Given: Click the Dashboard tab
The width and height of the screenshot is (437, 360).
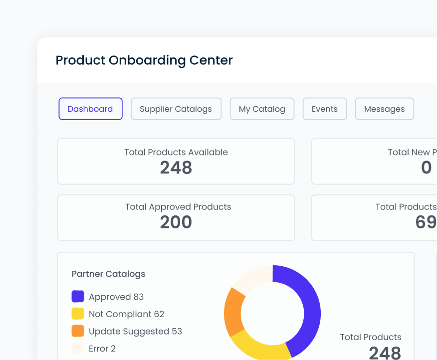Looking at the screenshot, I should (x=90, y=109).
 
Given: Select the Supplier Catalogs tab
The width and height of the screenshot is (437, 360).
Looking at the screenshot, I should (x=176, y=109).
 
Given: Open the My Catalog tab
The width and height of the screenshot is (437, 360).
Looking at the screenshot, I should (x=262, y=109).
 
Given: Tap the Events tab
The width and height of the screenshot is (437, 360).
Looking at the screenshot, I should (x=324, y=109).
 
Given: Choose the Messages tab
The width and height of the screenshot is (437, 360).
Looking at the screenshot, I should (x=384, y=109).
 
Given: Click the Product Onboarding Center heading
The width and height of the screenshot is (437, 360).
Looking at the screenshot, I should (x=144, y=60).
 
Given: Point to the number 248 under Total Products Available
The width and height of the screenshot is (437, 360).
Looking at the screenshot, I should (x=176, y=168).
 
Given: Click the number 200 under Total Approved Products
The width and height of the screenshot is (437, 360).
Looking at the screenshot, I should (x=176, y=222).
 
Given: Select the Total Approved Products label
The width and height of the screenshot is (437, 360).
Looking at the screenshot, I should (x=178, y=206).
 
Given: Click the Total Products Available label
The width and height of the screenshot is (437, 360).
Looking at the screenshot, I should (x=176, y=152).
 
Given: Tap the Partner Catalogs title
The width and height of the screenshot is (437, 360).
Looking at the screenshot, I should (x=108, y=274).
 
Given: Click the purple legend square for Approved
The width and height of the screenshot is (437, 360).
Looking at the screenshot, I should (x=78, y=297).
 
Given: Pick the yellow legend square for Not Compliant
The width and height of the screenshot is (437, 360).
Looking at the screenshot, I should (x=78, y=314).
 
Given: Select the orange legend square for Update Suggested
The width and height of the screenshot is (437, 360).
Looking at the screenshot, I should (x=78, y=331).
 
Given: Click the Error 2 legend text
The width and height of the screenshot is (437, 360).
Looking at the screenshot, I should (x=102, y=349).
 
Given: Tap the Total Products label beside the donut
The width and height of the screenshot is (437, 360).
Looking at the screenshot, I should (x=370, y=337).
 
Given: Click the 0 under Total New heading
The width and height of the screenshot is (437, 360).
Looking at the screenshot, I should (x=426, y=168).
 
